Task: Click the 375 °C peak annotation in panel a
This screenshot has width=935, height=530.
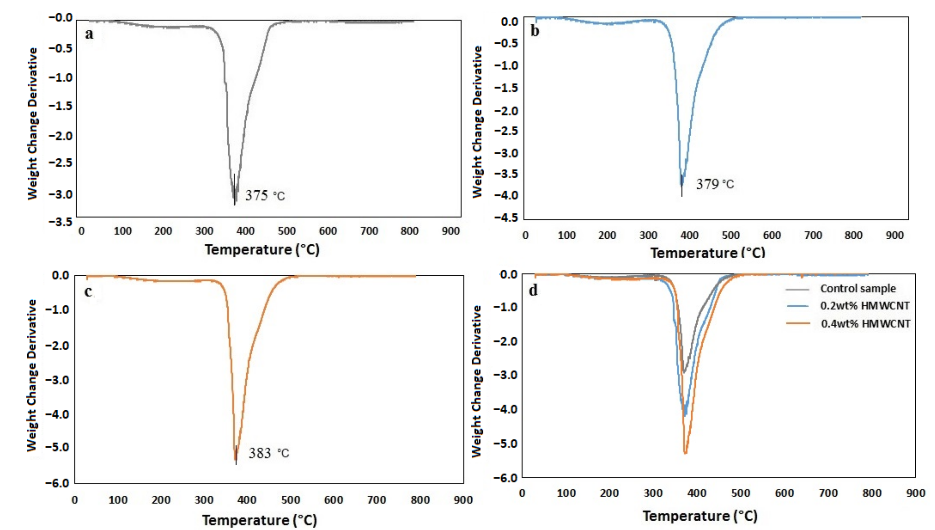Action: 265,196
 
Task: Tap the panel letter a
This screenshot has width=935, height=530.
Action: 89,34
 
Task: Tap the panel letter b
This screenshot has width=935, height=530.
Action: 535,31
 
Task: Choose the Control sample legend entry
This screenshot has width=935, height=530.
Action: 857,289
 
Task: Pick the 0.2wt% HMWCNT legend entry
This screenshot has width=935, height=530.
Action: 865,306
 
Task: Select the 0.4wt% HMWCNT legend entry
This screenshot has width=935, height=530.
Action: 865,324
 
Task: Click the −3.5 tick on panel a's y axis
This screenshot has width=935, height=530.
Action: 60,222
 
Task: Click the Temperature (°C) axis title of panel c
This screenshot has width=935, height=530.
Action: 259,520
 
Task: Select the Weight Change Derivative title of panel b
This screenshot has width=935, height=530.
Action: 477,122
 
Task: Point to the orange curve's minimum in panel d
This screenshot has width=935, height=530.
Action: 685,453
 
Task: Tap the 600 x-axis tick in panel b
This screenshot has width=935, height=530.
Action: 771,235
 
